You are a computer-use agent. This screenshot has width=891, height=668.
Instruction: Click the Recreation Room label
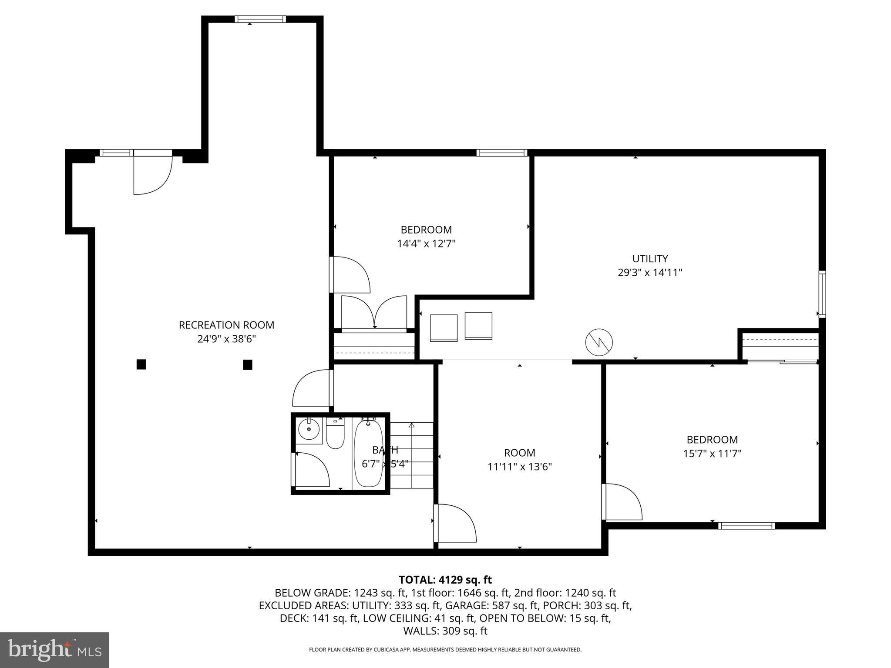click(x=226, y=325)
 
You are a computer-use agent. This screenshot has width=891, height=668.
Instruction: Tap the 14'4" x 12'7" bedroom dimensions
click(x=426, y=244)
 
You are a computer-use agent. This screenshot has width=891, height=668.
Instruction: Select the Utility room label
click(x=650, y=259)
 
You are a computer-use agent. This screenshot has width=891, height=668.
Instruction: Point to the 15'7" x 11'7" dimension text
click(x=712, y=454)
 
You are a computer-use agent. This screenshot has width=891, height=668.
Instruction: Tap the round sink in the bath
click(x=309, y=430)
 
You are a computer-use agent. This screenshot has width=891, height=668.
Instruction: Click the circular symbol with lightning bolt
click(x=599, y=342)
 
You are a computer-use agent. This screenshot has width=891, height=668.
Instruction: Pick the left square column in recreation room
click(x=141, y=364)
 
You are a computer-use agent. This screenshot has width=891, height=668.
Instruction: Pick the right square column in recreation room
click(x=248, y=364)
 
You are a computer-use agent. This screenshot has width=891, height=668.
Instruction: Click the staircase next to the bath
click(x=412, y=454)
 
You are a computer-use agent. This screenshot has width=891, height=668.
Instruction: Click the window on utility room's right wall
click(x=822, y=294)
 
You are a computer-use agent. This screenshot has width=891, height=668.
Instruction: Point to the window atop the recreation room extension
click(x=260, y=19)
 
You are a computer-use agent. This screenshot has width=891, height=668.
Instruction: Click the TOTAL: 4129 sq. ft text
click(x=445, y=580)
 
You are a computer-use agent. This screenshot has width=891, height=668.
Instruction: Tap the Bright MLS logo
click(x=54, y=650)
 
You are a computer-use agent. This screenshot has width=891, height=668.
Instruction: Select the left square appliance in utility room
click(x=444, y=328)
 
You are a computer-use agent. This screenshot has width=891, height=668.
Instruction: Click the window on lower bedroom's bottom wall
click(x=746, y=526)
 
